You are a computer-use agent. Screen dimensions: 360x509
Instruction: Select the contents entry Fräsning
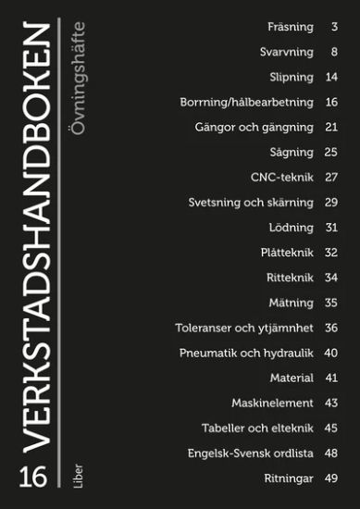click(289, 27)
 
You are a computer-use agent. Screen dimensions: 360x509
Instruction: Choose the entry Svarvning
click(287, 52)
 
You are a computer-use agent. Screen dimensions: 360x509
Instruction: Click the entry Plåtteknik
click(286, 252)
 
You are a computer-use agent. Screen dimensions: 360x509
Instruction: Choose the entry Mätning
click(291, 302)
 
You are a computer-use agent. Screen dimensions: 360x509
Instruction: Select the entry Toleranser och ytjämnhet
click(243, 327)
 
